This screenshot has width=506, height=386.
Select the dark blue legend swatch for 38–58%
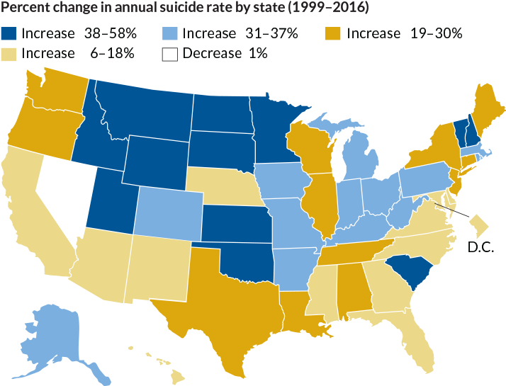click(9, 33)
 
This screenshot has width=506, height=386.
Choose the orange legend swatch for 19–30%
click(333, 33)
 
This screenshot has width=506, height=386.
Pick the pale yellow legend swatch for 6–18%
click(9, 53)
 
